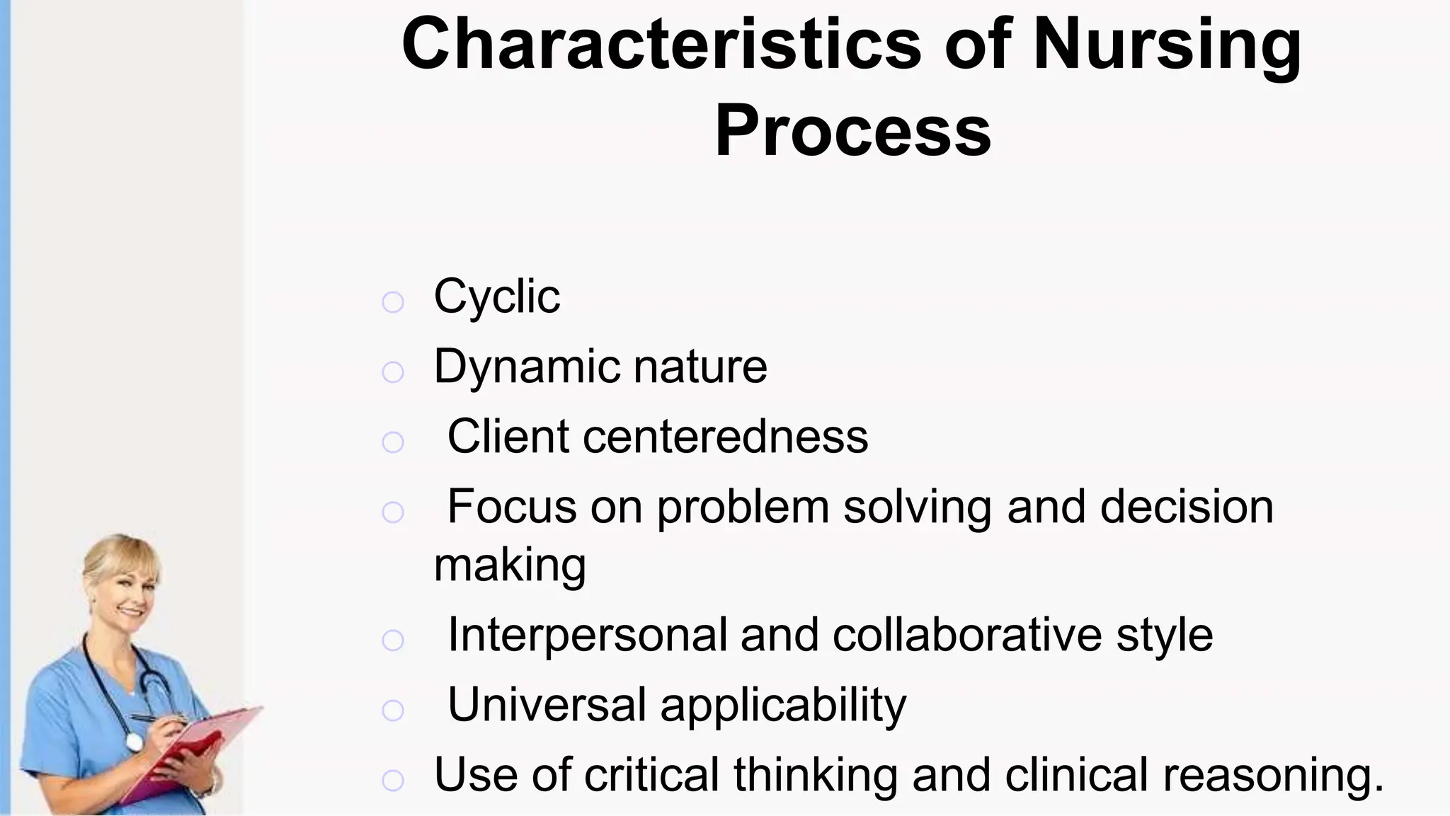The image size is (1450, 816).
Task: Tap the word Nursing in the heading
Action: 1167,44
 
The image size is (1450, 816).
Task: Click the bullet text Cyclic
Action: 496,297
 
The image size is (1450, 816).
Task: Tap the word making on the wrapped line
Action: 510,565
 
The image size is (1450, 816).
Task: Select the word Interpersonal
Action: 587,635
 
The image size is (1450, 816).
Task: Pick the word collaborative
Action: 966,635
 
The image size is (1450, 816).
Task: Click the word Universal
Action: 547,705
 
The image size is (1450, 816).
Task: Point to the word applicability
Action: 783,706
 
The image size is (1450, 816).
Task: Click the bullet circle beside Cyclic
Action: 392,302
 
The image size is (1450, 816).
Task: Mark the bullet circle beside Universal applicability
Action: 392,710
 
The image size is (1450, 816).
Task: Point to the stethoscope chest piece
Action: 134,742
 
